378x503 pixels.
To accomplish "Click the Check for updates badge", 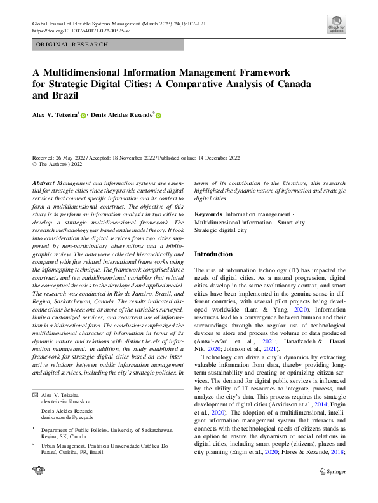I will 336,25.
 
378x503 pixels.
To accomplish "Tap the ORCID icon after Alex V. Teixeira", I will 83,115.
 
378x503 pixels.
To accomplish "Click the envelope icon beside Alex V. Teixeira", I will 35,396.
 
